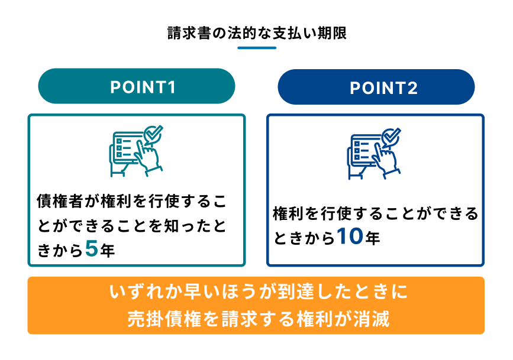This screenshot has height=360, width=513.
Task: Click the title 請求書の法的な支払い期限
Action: point(257,33)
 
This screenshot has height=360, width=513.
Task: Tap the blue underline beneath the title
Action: point(257,48)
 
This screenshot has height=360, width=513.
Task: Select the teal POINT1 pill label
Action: point(137,86)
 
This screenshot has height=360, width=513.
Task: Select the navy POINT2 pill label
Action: point(376,87)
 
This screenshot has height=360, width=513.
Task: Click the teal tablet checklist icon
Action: point(135,151)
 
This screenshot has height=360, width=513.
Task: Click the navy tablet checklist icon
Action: point(374,154)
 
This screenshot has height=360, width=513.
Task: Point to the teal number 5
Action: point(92,249)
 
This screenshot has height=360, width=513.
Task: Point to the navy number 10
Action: point(350,236)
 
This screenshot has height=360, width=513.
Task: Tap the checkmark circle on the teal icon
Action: point(153,134)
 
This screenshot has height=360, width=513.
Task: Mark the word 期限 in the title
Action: point(332,33)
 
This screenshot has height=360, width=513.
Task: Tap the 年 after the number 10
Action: point(373,238)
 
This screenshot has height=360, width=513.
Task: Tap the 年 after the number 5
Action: point(108,251)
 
